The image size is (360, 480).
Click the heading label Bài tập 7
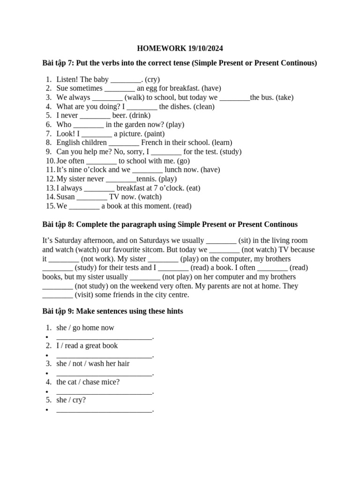[58, 63]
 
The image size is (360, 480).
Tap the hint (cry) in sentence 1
[152, 79]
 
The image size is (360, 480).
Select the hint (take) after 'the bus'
[285, 97]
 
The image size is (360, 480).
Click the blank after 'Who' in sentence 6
[89, 125]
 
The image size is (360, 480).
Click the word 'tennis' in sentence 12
[146, 179]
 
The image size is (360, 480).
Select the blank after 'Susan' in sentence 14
[92, 197]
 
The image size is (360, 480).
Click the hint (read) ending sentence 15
[182, 206]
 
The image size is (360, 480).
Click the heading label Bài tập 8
[58, 225]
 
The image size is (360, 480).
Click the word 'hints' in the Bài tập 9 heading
[173, 311]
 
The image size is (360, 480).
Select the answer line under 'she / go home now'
[104, 337]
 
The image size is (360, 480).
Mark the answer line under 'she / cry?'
[104, 409]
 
